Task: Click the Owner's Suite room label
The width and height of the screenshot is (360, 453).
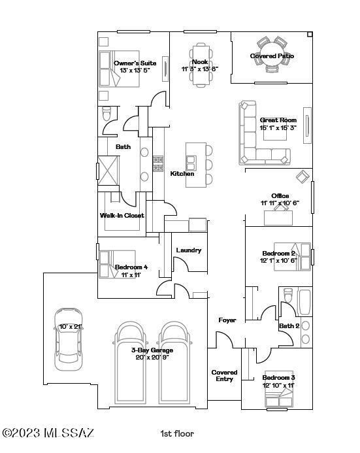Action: [x=136, y=63]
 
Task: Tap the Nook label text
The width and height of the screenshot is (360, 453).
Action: [x=199, y=62]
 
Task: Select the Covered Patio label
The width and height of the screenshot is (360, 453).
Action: [x=272, y=56]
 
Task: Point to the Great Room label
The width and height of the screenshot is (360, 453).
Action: [x=278, y=120]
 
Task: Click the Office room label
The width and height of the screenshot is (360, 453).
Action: [x=280, y=196]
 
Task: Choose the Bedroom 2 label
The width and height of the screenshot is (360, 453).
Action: [x=279, y=254]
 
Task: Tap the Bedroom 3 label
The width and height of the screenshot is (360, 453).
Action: [x=279, y=378]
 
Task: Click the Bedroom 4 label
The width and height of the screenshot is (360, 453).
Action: [x=131, y=267]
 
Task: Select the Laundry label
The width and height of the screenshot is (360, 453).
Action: [x=189, y=250]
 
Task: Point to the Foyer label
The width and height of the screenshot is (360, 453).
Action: [x=227, y=320]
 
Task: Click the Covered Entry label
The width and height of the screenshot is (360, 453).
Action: [x=224, y=376]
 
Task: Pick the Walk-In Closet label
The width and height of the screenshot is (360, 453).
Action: [x=122, y=216]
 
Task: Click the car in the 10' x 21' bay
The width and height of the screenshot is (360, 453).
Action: [x=69, y=335]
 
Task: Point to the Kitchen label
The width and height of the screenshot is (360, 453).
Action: [x=182, y=174]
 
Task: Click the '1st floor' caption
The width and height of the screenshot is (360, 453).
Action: [x=177, y=433]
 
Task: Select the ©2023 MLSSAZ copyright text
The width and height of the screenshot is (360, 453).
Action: [x=48, y=433]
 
